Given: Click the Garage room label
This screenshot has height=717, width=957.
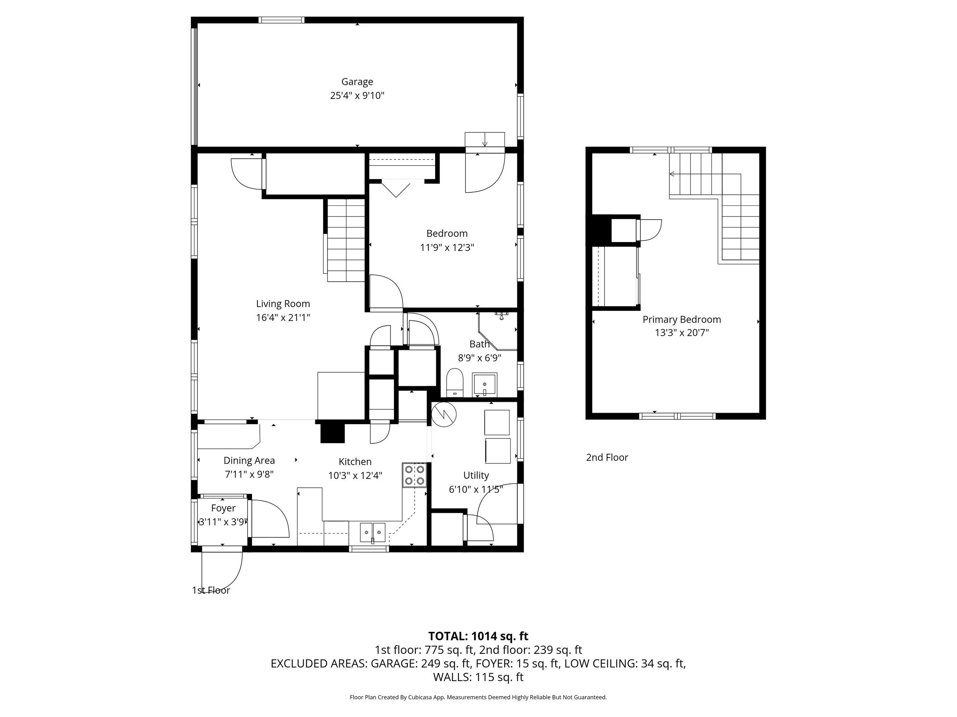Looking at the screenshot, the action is pos(357,82).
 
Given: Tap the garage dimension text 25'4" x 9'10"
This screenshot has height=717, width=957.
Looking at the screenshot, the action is pos(357,96).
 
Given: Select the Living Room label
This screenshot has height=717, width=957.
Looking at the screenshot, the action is pos(283,304).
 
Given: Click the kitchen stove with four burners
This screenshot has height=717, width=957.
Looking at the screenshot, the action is pos(415,475).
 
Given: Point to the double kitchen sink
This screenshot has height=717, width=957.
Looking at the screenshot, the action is pos(372,533).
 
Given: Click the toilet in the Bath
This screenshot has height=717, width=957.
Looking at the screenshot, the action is pos(455,382).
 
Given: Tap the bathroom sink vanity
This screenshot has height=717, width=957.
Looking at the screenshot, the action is pos(485,384).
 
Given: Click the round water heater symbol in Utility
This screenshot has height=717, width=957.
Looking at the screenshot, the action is pos(444,415).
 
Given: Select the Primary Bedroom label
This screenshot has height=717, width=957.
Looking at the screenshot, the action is pos(681,319).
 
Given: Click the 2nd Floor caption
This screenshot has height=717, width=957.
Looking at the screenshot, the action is pos(607,457).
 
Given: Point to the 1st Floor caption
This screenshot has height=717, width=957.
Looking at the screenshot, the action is pos(211,590).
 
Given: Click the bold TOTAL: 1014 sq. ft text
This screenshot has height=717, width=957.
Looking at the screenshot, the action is pos(478,636).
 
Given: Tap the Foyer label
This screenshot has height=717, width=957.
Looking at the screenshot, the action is pos(223,508).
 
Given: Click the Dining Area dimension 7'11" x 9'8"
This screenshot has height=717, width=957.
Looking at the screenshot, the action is pos(249,474).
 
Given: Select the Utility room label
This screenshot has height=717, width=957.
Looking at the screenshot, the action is pos(476,475).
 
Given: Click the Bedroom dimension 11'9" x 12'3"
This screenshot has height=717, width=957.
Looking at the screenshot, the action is pos(447,248).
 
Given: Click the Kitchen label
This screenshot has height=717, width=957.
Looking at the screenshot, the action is pos(355,462).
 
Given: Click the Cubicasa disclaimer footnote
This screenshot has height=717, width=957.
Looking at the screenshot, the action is pos(478,697).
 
